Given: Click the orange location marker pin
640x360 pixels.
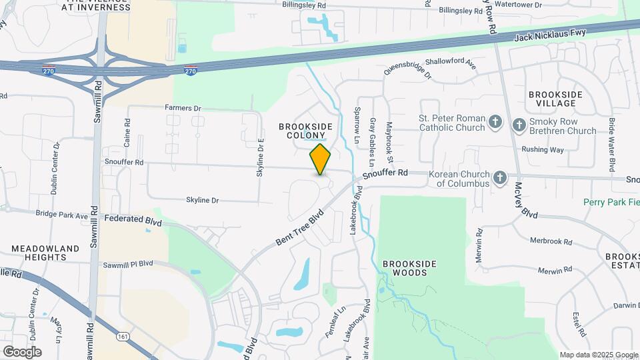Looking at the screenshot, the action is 320,159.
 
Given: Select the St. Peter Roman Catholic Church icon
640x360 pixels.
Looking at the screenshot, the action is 495,122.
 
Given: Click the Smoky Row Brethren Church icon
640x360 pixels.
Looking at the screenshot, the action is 519,125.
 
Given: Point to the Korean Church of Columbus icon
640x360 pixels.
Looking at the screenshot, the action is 501,177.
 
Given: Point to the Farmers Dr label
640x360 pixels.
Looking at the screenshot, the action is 183,108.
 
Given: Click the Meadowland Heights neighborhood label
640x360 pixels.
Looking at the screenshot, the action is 45,253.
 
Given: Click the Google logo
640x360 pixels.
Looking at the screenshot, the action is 22,351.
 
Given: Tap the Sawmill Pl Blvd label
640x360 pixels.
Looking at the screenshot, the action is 128,264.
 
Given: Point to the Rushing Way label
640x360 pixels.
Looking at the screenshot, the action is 543,150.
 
